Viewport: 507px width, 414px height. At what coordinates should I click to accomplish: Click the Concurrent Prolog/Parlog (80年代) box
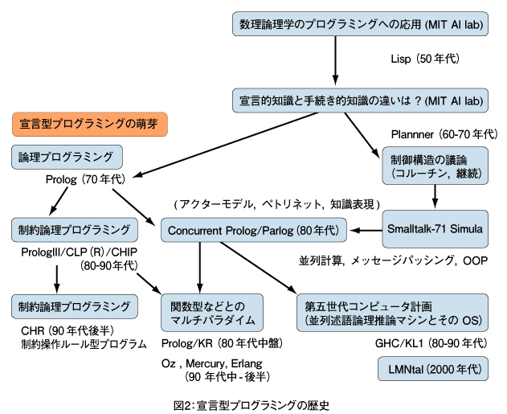[252, 231]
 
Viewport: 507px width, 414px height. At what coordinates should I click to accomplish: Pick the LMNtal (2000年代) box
[431, 370]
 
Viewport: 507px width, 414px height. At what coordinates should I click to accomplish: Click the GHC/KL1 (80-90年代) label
[431, 342]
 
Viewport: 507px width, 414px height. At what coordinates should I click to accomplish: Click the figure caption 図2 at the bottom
[251, 404]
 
